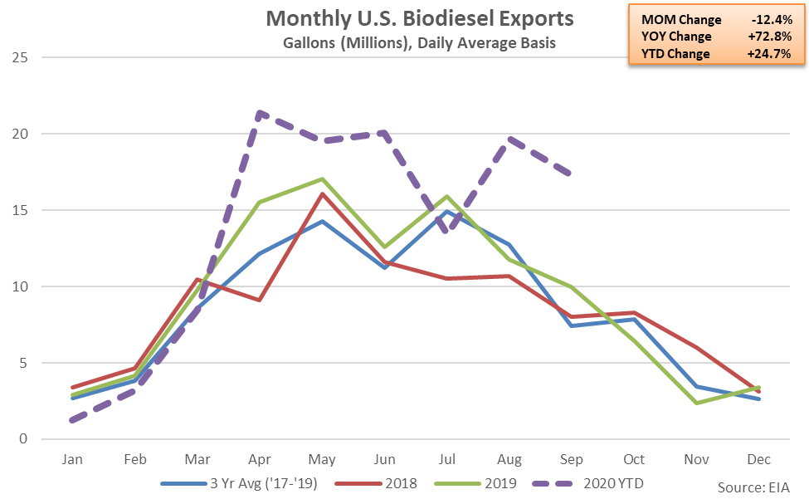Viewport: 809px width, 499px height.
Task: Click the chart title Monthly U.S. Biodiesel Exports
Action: [x=419, y=18]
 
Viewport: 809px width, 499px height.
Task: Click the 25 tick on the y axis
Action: [x=21, y=57]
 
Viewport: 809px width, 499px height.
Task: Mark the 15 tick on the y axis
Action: [x=21, y=210]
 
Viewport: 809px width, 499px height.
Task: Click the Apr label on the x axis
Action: [x=259, y=459]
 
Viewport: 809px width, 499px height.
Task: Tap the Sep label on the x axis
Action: [x=572, y=459]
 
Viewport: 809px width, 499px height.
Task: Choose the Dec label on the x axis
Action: [x=759, y=459]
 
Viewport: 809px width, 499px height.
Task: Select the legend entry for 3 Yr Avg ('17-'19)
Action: [x=241, y=482]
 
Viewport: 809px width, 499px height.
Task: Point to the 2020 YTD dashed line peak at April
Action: [x=259, y=112]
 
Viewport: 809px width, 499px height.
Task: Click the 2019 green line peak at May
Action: [x=321, y=179]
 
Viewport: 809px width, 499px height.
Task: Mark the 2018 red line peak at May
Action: [x=321, y=195]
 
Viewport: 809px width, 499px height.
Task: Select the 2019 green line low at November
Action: [x=697, y=403]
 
